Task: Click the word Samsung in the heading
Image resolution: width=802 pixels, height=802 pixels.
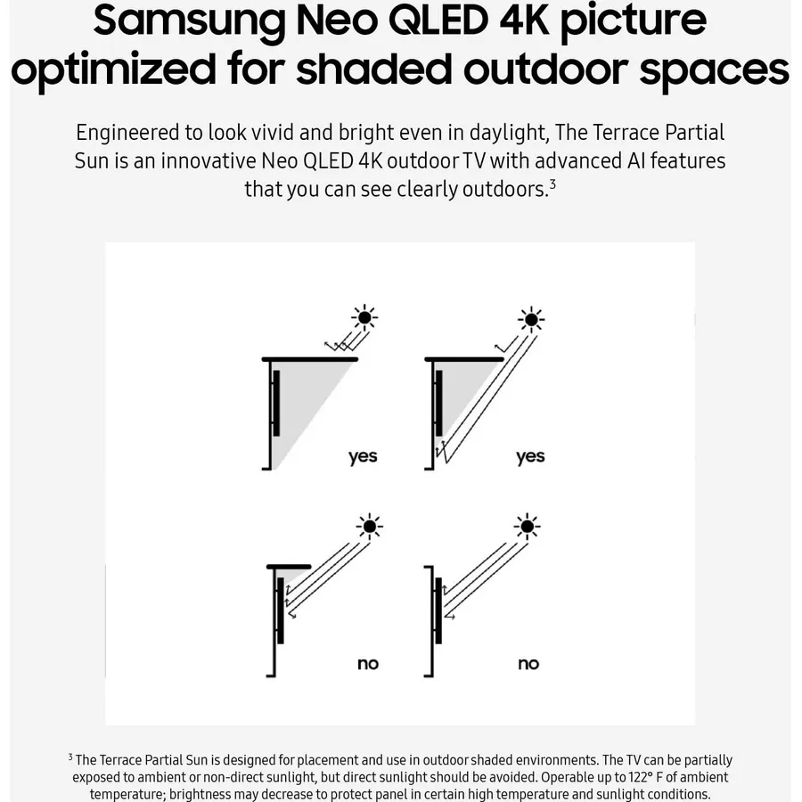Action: (x=189, y=21)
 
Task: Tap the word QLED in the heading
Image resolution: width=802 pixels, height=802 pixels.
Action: (x=438, y=20)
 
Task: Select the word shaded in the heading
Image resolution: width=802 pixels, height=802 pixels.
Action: (x=374, y=69)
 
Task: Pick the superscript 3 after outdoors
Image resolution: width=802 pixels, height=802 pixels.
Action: (x=552, y=184)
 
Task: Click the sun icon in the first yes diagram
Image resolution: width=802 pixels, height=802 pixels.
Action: (x=364, y=317)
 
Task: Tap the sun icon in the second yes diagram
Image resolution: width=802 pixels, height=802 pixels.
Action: (x=531, y=320)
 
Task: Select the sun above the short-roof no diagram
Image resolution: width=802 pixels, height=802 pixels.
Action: (x=369, y=527)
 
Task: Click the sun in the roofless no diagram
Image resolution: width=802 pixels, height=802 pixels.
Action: (x=527, y=527)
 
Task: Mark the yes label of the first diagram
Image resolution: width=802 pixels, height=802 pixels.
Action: (x=363, y=457)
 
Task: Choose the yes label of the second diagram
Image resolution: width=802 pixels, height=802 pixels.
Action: (x=530, y=457)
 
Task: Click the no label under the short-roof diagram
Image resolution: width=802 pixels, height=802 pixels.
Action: (x=368, y=664)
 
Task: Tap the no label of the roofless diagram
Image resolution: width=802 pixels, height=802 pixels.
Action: (x=528, y=664)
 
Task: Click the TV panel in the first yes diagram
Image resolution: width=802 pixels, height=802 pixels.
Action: (x=276, y=403)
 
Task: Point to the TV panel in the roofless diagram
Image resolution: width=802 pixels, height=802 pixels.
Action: (x=438, y=610)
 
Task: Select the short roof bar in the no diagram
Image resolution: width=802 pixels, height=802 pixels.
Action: (x=289, y=567)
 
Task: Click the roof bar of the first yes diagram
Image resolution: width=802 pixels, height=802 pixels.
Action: (x=310, y=360)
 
